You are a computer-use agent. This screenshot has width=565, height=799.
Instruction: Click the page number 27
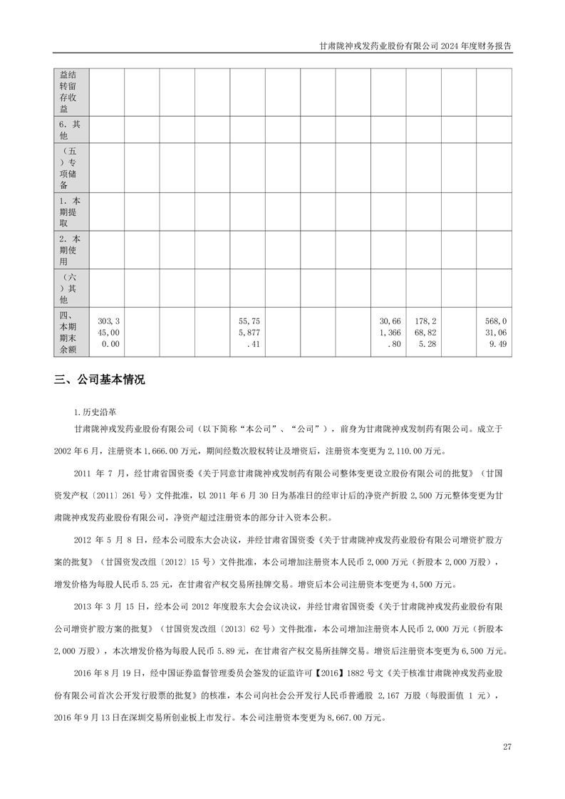[x=507, y=746]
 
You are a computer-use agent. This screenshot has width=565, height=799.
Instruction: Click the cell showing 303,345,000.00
[x=107, y=333]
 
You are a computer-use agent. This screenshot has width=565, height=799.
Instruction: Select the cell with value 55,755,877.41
[x=247, y=333]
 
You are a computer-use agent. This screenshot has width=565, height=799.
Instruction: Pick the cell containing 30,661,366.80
[x=388, y=333]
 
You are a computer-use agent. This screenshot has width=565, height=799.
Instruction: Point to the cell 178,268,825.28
[x=423, y=333]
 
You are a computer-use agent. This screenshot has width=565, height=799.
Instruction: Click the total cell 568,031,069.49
[x=493, y=333]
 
